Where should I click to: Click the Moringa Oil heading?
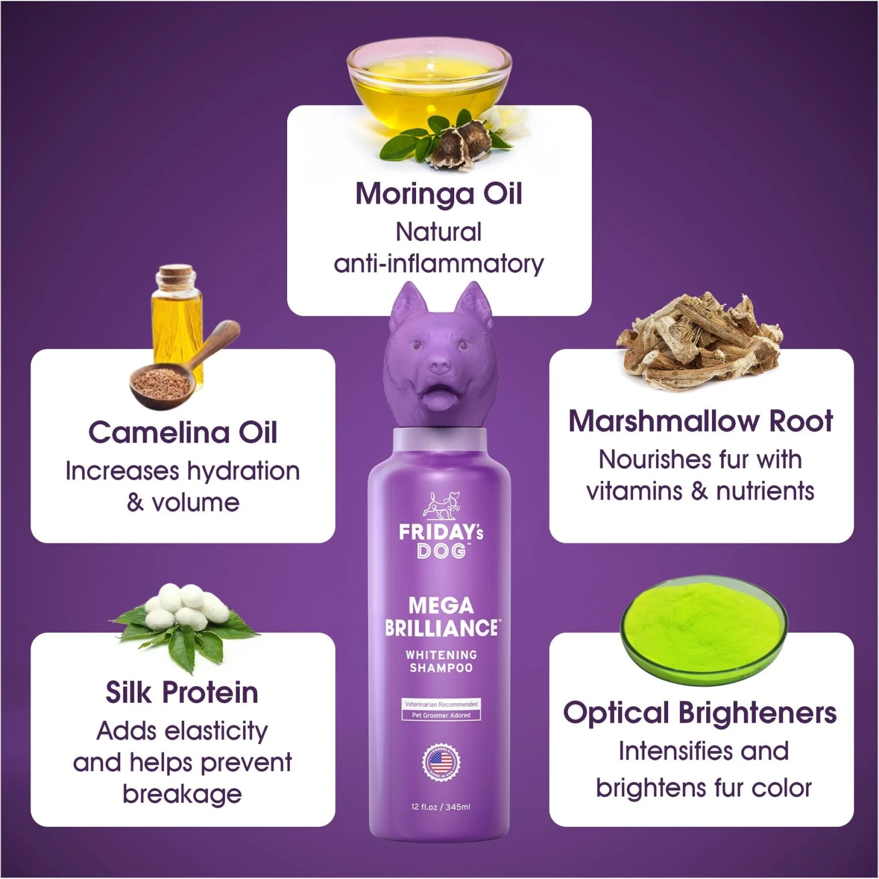(x=439, y=194)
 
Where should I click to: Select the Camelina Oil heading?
(x=183, y=432)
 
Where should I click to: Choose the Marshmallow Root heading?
(x=701, y=421)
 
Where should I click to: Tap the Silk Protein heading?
(x=182, y=692)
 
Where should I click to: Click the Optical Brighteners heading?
(x=700, y=713)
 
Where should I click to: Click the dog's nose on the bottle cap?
(x=441, y=366)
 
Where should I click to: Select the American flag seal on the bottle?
(x=441, y=762)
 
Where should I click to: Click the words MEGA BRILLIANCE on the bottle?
(x=441, y=616)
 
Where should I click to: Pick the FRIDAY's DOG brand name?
(x=441, y=541)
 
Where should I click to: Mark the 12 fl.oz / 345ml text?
(x=441, y=807)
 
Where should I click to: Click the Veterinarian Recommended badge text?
(x=441, y=704)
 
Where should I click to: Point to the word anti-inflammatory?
(x=439, y=264)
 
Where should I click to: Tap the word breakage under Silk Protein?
(x=182, y=795)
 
